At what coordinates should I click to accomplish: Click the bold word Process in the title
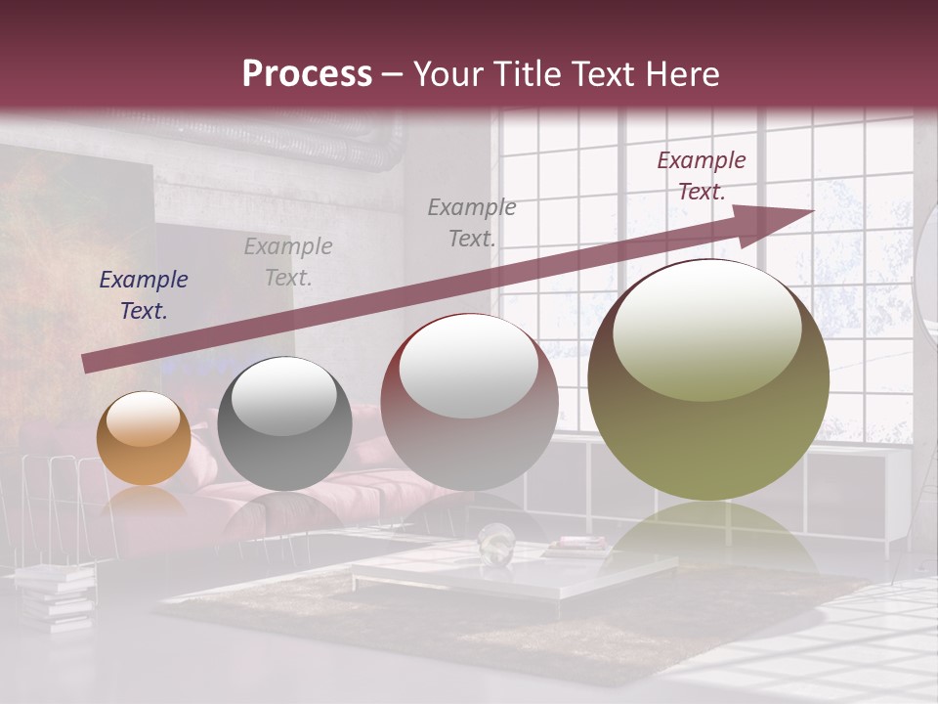click(x=307, y=74)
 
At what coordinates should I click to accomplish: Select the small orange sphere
click(x=144, y=439)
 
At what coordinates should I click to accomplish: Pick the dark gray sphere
click(x=284, y=423)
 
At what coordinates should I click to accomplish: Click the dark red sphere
click(x=469, y=403)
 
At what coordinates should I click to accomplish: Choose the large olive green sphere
click(x=708, y=381)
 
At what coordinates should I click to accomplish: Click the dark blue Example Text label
click(x=144, y=295)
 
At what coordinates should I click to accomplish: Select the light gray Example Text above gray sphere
click(x=288, y=262)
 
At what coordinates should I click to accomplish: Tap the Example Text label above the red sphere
click(x=472, y=222)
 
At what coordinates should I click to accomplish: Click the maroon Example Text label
click(x=701, y=176)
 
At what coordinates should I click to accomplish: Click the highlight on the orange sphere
click(x=143, y=418)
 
